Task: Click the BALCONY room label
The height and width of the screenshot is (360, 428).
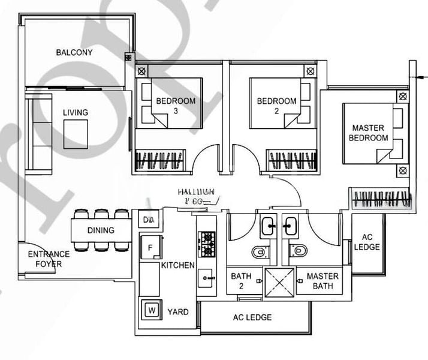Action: [74, 52]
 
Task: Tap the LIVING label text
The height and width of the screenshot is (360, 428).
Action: [76, 112]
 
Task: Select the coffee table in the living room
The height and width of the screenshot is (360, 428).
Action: [76, 133]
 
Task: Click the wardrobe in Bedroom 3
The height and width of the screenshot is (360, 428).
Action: [161, 161]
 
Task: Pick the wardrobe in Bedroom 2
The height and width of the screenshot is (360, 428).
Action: [291, 161]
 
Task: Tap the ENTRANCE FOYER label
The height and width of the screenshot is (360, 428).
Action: [49, 259]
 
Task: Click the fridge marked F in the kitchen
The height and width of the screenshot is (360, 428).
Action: [149, 247]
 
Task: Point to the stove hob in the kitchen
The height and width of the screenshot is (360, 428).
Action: [206, 244]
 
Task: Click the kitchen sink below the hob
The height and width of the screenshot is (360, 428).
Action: [206, 277]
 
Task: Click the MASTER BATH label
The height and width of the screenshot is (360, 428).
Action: [322, 281]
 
